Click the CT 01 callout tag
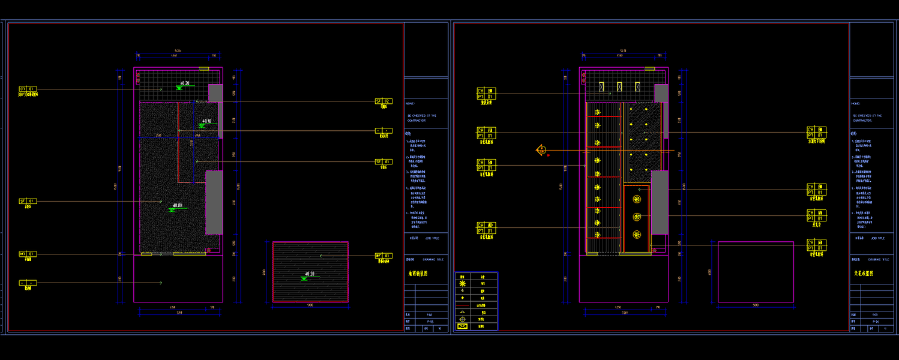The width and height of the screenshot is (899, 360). coord(28,89)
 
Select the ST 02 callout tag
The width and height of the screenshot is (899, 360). coord(383,101)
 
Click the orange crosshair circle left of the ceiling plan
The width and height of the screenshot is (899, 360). coord(541,150)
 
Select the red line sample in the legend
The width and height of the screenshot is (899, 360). coord(463,305)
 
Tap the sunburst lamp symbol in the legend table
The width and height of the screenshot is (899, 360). coord(463,283)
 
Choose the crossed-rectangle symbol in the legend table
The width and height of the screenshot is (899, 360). coord(463,326)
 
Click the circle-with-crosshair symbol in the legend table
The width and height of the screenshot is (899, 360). coord(463,319)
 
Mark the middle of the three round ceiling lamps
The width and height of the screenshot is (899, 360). coord(637,217)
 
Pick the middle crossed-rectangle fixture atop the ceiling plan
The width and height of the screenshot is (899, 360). coord(619,86)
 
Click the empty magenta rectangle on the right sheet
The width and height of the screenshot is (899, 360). coord(756,272)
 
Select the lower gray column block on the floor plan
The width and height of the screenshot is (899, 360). coord(214,202)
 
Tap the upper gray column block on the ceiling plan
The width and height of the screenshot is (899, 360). coord(661,93)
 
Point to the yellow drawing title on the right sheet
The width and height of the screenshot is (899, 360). coord(864,274)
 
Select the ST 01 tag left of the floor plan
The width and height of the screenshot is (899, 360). coord(28,201)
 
